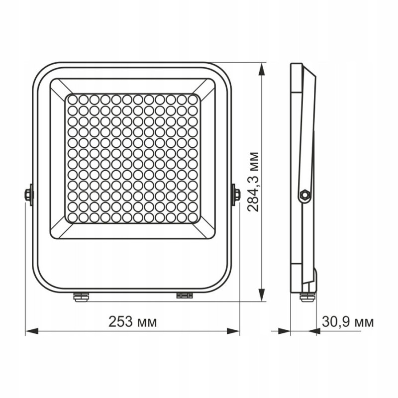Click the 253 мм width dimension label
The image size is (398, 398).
point(132,322)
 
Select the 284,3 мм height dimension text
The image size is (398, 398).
point(253,182)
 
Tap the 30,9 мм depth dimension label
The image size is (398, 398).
point(348,322)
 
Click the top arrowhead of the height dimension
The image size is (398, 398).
point(262,69)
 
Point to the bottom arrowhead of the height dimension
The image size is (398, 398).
point(262,295)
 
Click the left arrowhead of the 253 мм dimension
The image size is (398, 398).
point(32,331)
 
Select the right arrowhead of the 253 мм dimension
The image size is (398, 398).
point(233,331)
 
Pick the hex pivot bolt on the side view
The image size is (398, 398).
point(304,195)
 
